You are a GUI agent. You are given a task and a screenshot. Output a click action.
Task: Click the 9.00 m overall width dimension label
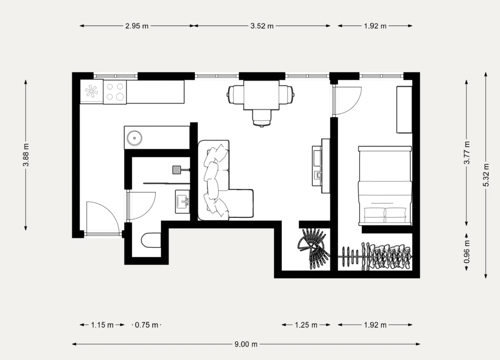pyautogui.click(x=246, y=344)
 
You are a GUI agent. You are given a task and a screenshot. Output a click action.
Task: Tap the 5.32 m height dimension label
pyautogui.click(x=486, y=175)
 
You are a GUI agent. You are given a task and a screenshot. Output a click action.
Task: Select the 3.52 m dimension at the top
pyautogui.click(x=262, y=26)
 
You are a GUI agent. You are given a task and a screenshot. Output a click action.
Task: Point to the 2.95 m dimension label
pyautogui.click(x=137, y=26)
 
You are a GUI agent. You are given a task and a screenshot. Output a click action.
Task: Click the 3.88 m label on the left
pyautogui.click(x=26, y=155)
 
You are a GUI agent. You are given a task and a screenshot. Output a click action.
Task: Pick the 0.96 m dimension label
pyautogui.click(x=467, y=252)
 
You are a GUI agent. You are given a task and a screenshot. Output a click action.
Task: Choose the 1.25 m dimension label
pyautogui.click(x=306, y=325)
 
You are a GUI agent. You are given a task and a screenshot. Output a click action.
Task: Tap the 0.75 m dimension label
pyautogui.click(x=146, y=325)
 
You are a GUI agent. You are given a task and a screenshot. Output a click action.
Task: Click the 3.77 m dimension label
pyautogui.click(x=467, y=152)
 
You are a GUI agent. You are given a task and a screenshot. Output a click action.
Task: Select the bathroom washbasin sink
pyautogui.click(x=183, y=202)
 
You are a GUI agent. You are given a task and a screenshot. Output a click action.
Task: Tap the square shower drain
pyautogui.click(x=177, y=169)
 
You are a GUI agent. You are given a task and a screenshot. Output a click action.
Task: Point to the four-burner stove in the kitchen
pyautogui.click(x=115, y=91)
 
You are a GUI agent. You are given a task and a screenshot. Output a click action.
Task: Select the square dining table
pyautogui.click(x=262, y=95)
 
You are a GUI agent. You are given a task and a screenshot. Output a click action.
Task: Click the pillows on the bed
pyautogui.click(x=385, y=215)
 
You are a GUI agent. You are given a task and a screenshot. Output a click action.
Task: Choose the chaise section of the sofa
pyautogui.click(x=241, y=204)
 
